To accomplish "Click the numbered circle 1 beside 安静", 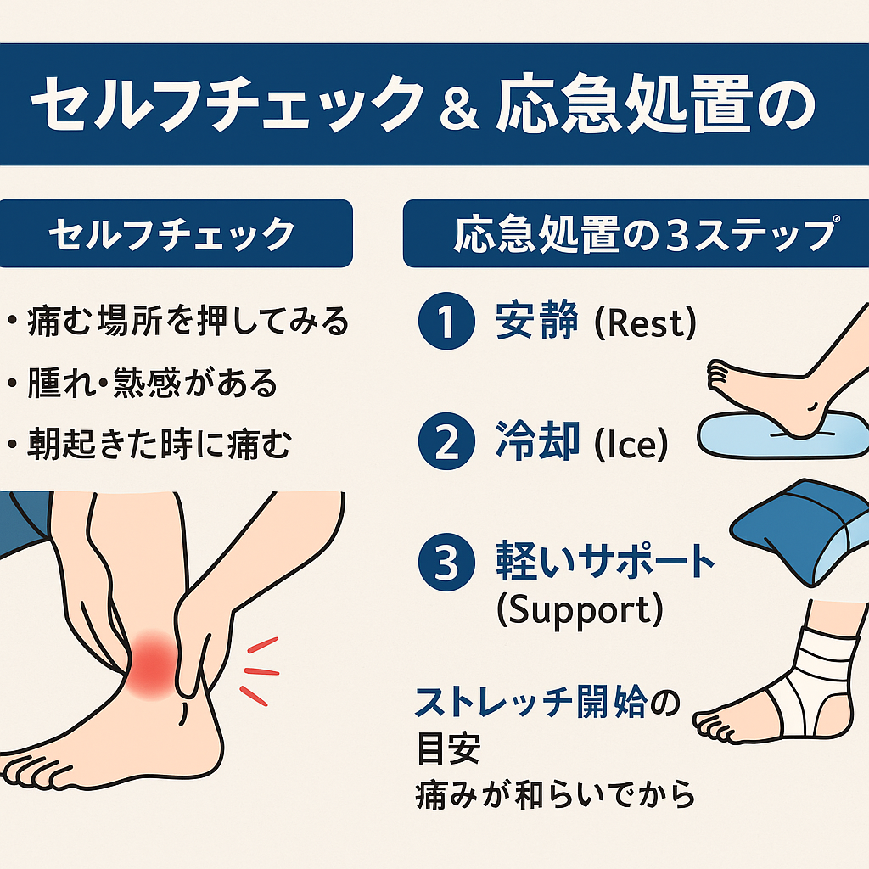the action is point(446,321).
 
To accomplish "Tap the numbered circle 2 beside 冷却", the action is point(446,441).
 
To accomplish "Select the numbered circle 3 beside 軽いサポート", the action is point(446,562).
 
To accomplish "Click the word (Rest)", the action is point(645,323).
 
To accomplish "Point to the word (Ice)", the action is point(631,444).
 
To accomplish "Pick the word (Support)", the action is point(580,610).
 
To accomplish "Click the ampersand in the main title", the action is point(459,109).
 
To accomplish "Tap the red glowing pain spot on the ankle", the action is point(154,664).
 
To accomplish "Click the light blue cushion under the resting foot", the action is point(782,436).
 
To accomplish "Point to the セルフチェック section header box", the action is point(177,233).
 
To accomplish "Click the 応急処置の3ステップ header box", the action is point(636,233).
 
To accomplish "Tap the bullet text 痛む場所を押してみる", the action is point(188,321).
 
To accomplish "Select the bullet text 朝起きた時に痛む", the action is point(159,444).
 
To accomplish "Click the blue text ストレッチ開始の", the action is point(547,702).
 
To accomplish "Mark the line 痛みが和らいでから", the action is point(555,794).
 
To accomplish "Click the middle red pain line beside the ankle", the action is point(261,672).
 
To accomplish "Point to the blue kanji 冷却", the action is point(537,441).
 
